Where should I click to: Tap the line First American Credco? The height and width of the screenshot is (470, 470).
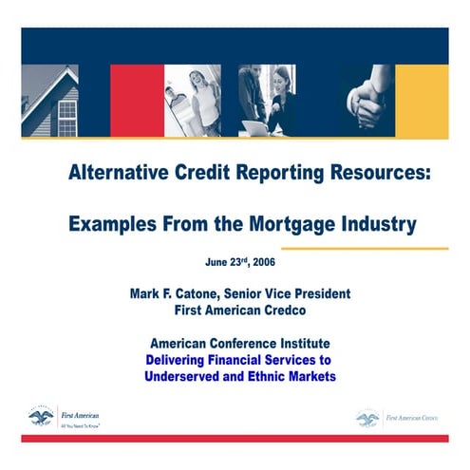[240, 310]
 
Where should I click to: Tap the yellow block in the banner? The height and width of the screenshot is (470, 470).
[422, 101]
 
